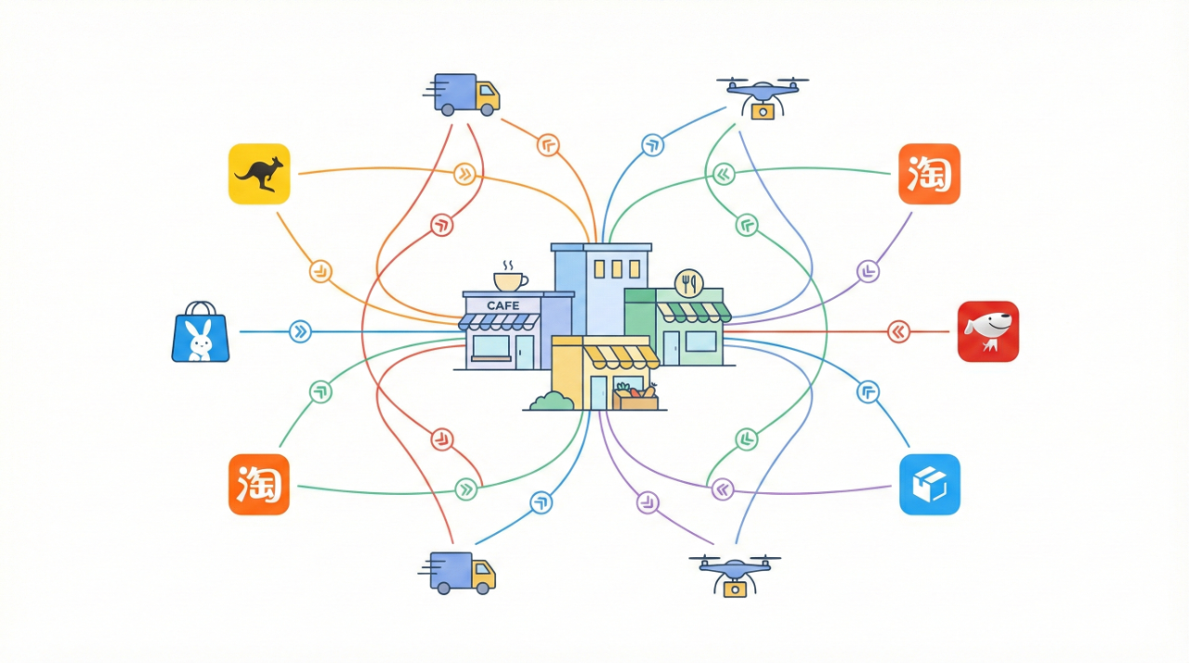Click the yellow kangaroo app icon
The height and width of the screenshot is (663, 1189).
point(259,173)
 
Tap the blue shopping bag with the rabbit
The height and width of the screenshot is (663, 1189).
point(200,331)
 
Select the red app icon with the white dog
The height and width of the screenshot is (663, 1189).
point(987,331)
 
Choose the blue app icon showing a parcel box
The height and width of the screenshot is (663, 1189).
point(929,484)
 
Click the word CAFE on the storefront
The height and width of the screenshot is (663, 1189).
point(503,305)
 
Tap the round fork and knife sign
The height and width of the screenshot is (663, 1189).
point(689,282)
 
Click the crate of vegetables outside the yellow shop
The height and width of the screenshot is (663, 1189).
point(634,397)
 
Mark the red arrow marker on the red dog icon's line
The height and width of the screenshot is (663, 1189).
point(898,331)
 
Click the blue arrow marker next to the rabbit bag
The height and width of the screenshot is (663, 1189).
point(300,331)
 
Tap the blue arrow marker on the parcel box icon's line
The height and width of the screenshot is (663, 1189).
point(868,392)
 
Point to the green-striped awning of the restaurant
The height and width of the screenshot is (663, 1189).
point(693,312)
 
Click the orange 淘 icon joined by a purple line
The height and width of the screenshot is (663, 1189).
point(929,174)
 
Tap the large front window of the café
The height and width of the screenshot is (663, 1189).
point(491,347)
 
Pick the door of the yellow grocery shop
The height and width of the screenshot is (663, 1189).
point(597,392)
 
